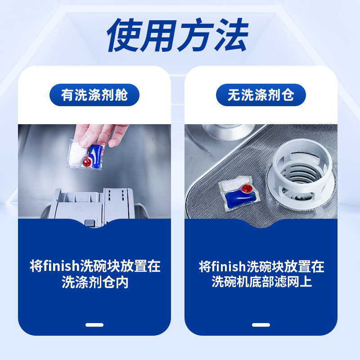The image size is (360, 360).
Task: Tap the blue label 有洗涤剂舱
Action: click(x=94, y=95)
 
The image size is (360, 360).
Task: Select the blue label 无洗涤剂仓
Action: click(x=261, y=95)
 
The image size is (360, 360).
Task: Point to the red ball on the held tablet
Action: click(x=87, y=161)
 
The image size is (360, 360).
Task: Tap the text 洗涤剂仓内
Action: click(x=94, y=283)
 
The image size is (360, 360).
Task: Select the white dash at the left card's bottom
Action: click(x=94, y=325)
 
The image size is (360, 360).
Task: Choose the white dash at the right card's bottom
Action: click(x=261, y=325)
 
